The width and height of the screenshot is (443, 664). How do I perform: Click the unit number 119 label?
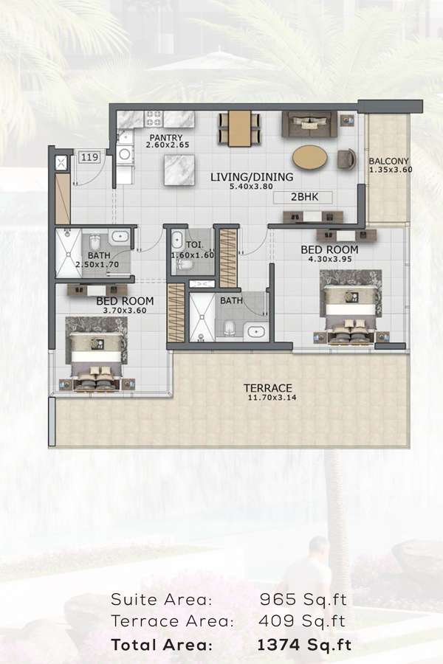(x=89, y=158)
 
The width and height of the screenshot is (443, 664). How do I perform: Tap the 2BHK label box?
(x=303, y=197)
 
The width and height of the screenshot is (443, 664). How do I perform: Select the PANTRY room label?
(x=165, y=138)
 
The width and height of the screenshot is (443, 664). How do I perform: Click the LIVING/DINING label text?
(x=252, y=176)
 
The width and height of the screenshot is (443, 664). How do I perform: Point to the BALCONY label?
(x=389, y=162)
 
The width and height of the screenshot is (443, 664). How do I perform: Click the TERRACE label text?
(x=268, y=388)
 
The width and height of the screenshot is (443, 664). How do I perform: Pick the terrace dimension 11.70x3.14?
(x=272, y=398)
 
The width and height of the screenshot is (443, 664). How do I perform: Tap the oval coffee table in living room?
(x=310, y=158)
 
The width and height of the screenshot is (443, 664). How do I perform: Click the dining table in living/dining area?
(x=239, y=128)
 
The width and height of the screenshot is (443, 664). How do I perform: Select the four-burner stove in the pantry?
(x=154, y=119)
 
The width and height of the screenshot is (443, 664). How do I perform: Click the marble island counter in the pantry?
(x=179, y=170)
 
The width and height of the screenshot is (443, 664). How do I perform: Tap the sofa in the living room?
(x=309, y=124)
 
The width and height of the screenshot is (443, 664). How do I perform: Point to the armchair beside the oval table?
(x=347, y=159)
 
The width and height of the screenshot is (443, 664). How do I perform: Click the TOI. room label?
(x=195, y=245)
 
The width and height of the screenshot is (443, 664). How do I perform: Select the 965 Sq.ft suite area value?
(x=303, y=599)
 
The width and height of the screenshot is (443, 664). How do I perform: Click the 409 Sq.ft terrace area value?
(x=302, y=621)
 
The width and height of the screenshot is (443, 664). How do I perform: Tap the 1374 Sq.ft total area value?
(x=304, y=645)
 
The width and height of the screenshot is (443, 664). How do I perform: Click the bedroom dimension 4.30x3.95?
(x=330, y=259)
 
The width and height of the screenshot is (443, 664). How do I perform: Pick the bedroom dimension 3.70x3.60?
(x=125, y=311)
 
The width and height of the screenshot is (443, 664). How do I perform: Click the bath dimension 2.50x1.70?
(x=97, y=265)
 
